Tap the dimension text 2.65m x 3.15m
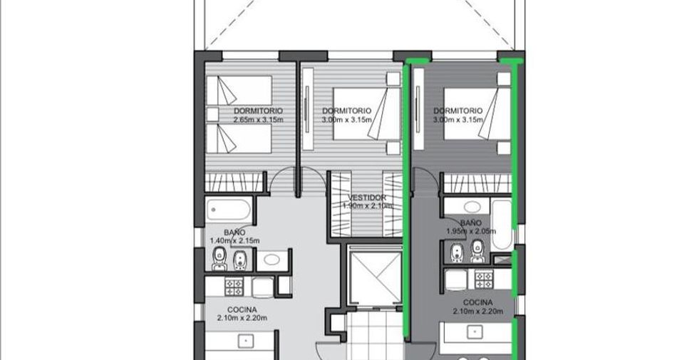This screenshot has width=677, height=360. pos(258,120)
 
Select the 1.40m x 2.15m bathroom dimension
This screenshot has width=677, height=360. pos(234,240)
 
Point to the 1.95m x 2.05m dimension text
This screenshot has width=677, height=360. pos(471,232)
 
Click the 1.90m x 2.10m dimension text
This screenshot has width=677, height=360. pos(367,206)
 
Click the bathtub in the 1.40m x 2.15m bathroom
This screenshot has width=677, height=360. pos(228,210)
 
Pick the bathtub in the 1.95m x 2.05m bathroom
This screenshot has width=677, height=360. pos(502,225)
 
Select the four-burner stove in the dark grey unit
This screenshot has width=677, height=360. pos(484,279)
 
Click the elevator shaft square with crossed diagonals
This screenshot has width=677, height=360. pos(375,277)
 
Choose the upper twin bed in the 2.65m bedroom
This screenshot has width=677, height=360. pos(239,91)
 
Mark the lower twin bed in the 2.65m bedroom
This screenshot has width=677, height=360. pos(239,138)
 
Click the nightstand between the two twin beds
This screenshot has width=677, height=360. pos(212,114)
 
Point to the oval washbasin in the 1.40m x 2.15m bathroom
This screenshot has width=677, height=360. pos(272,259)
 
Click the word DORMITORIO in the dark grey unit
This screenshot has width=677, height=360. pos(458,111)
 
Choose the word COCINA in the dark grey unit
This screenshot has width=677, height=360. pos(478,302)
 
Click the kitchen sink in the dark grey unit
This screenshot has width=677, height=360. pos(475,331)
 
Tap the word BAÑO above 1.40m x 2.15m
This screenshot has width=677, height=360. pos(234,232)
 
